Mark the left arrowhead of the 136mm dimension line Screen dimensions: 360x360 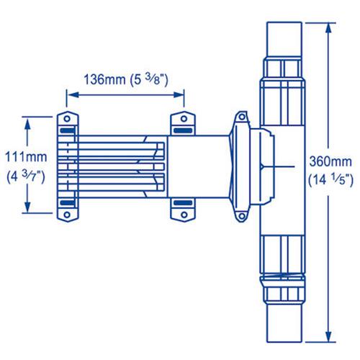pyautogui.click(x=70, y=92)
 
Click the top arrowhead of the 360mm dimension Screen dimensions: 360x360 pyautogui.click(x=330, y=25)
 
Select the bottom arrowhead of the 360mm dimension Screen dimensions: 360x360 pyautogui.click(x=330, y=335)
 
